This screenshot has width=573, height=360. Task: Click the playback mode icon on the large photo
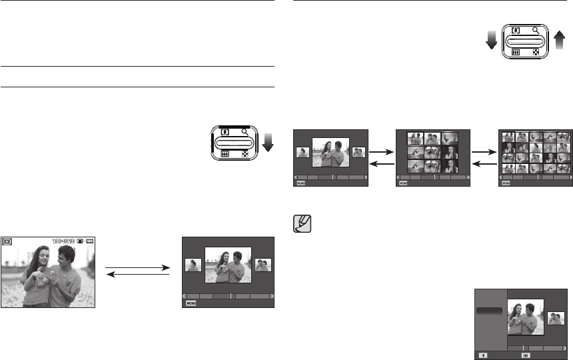click(x=7, y=242)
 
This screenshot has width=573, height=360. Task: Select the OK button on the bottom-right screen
click(x=525, y=356)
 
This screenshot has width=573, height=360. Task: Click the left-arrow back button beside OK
click(x=483, y=356)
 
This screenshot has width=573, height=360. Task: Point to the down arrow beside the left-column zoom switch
click(x=268, y=141)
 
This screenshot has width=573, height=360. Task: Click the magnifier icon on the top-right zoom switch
click(x=536, y=31)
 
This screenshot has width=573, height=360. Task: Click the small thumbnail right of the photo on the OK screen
click(x=556, y=318)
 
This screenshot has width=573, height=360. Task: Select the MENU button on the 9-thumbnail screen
click(x=403, y=182)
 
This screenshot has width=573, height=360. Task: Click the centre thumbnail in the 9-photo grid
click(x=432, y=153)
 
